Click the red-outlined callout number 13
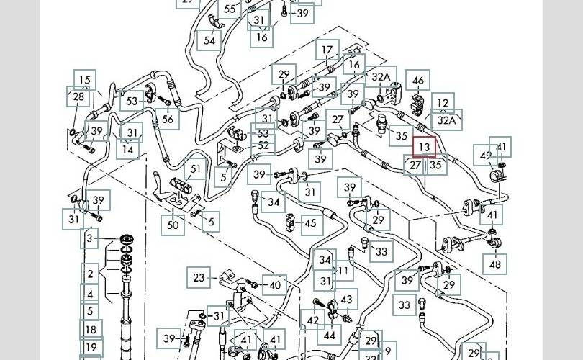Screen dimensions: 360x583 point(425,147)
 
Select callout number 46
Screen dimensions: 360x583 point(417,81)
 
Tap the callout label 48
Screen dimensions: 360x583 point(495,264)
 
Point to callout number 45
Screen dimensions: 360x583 point(309,223)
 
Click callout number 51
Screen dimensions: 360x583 point(194,170)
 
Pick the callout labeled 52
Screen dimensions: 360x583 point(263,145)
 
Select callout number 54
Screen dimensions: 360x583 point(209,41)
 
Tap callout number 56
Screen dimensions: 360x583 point(168,120)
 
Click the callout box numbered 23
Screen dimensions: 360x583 point(199,276)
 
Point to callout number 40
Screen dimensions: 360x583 point(274,285)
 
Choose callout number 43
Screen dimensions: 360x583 point(347,300)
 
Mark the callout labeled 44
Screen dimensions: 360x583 point(329,335)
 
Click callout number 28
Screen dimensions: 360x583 point(78,96)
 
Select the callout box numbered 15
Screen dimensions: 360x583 point(86,81)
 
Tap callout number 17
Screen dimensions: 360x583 point(328,50)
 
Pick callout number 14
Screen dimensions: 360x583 point(128,150)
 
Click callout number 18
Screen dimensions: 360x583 point(90,330)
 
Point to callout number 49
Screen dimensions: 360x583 point(487,156)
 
